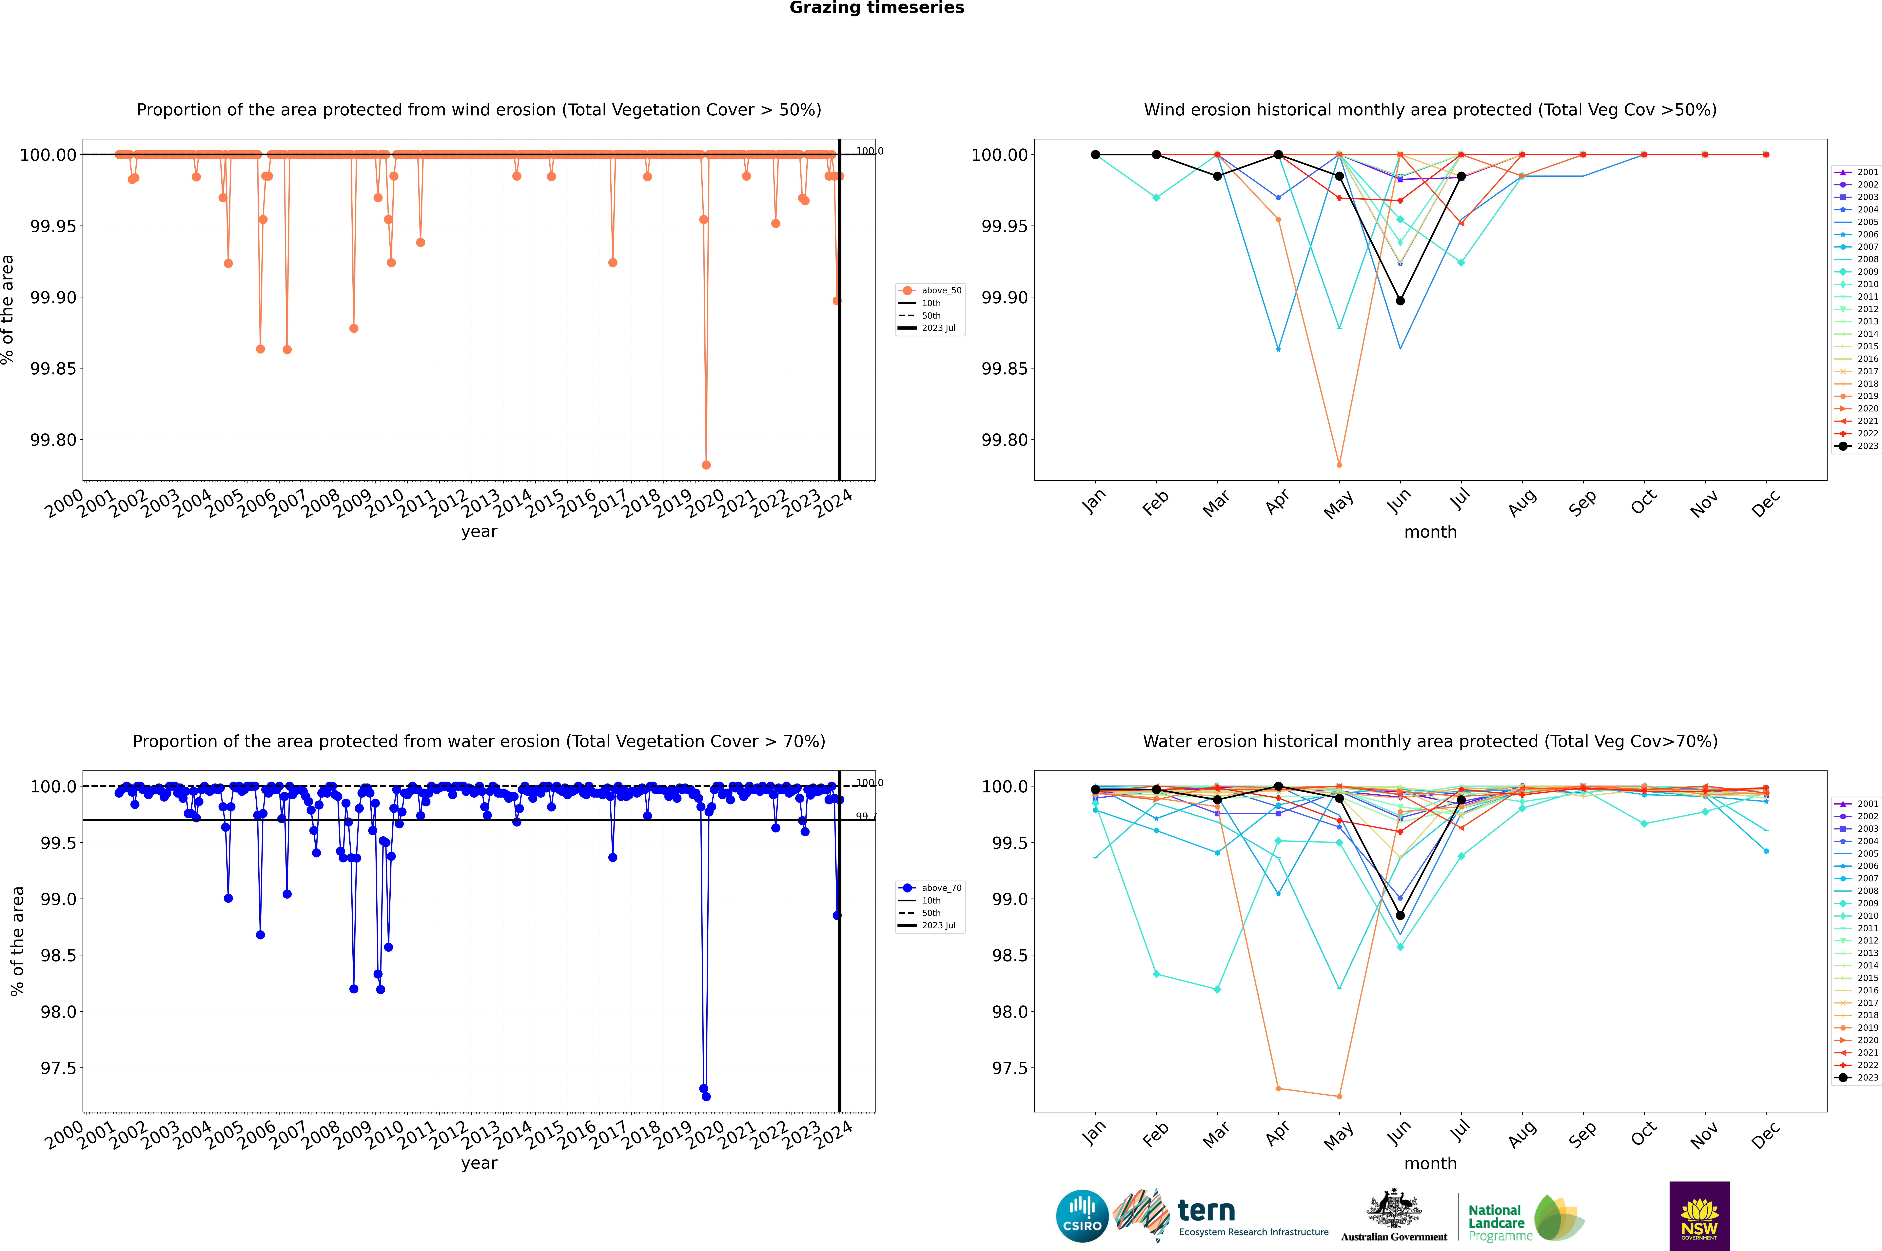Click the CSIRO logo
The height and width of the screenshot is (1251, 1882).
[x=1082, y=1216]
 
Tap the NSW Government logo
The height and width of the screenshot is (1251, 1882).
[x=1699, y=1216]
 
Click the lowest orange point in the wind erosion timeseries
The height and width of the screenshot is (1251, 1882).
[x=706, y=465]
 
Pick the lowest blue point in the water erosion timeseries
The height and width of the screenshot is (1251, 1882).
[x=706, y=1096]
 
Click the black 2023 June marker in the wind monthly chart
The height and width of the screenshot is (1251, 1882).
[x=1400, y=301]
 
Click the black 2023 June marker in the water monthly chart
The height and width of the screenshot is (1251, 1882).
[x=1400, y=915]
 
